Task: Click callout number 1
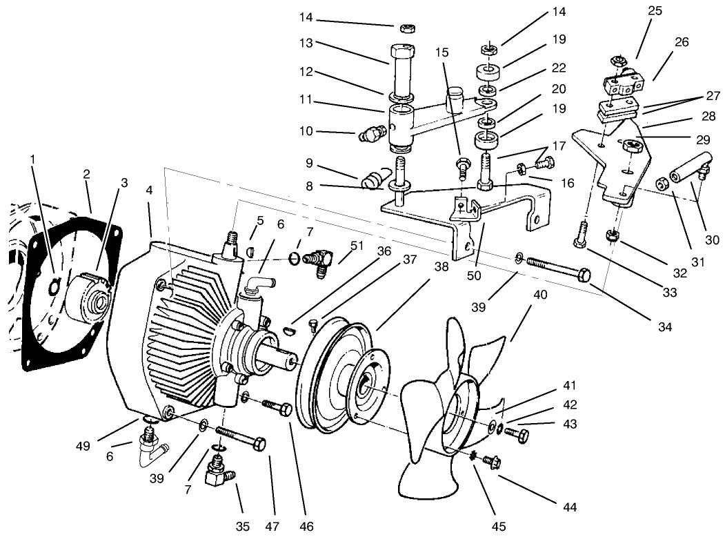[x=32, y=159]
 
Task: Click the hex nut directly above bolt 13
[x=407, y=28]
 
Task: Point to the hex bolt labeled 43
[x=518, y=435]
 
